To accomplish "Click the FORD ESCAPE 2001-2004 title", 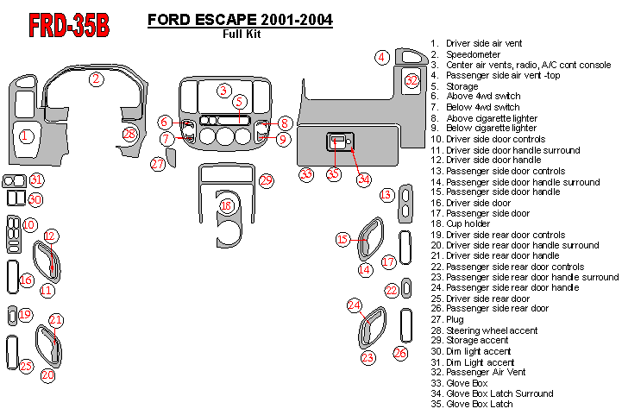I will click(241, 20).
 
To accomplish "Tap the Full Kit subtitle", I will click(242, 35).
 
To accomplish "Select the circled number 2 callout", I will click(97, 79).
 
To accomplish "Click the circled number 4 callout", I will click(380, 57).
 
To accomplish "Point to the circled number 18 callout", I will click(226, 205).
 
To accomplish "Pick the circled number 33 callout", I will click(305, 174).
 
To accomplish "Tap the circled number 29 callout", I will click(267, 180).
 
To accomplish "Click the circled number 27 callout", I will click(157, 163).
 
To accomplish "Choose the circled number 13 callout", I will click(386, 195).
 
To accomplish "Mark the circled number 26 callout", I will click(400, 352).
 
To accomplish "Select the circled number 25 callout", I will click(26, 366).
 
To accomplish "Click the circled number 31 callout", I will click(36, 179).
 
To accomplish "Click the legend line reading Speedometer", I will click(473, 54).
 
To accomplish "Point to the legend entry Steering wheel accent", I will click(492, 330).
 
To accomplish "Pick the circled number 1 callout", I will click(26, 135).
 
